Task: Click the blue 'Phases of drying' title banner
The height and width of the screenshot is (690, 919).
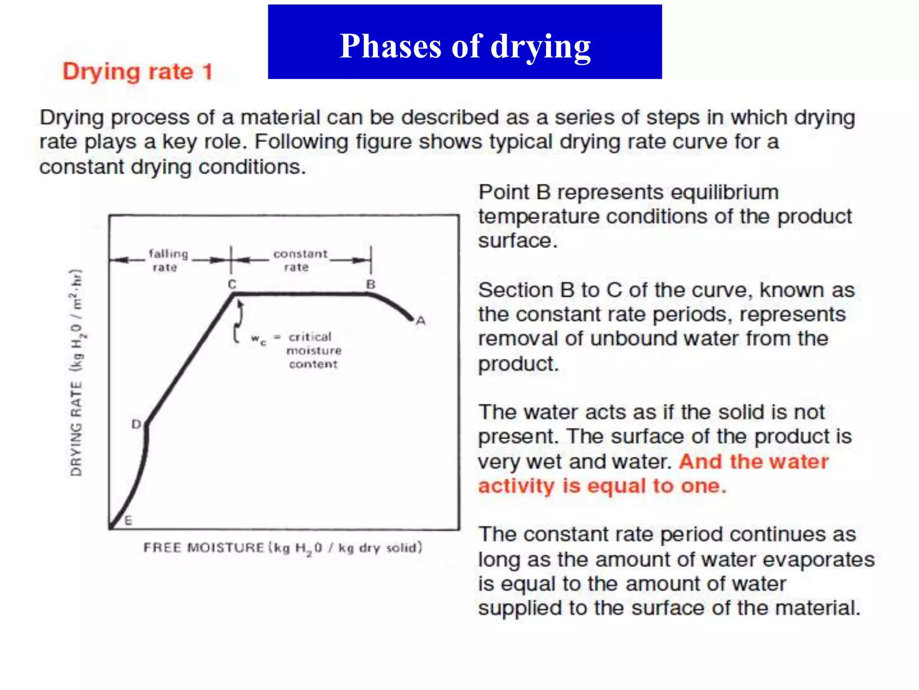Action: pyautogui.click(x=464, y=42)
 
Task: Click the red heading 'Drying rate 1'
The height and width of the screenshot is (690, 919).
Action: pyautogui.click(x=137, y=72)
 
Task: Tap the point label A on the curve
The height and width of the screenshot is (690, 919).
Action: pyautogui.click(x=420, y=321)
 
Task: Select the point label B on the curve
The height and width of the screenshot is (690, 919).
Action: pyautogui.click(x=371, y=284)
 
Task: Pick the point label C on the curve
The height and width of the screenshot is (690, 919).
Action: pyautogui.click(x=232, y=284)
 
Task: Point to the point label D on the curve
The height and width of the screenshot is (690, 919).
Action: pyautogui.click(x=136, y=424)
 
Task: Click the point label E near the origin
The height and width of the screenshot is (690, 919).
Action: pyautogui.click(x=128, y=521)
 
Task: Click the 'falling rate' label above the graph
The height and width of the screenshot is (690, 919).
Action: pyautogui.click(x=167, y=260)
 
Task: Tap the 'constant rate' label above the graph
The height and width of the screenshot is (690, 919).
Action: pyautogui.click(x=300, y=260)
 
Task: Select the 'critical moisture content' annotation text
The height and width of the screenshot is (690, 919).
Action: pyautogui.click(x=313, y=350)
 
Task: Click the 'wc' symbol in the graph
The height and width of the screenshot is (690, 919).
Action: pyautogui.click(x=258, y=338)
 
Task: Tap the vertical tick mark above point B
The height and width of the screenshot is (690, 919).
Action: pyautogui.click(x=371, y=260)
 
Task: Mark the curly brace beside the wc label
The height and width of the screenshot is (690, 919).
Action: pyautogui.click(x=238, y=323)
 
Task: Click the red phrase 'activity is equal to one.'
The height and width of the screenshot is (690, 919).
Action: pyautogui.click(x=602, y=486)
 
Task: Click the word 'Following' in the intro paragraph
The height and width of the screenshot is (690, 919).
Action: pyautogui.click(x=302, y=142)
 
